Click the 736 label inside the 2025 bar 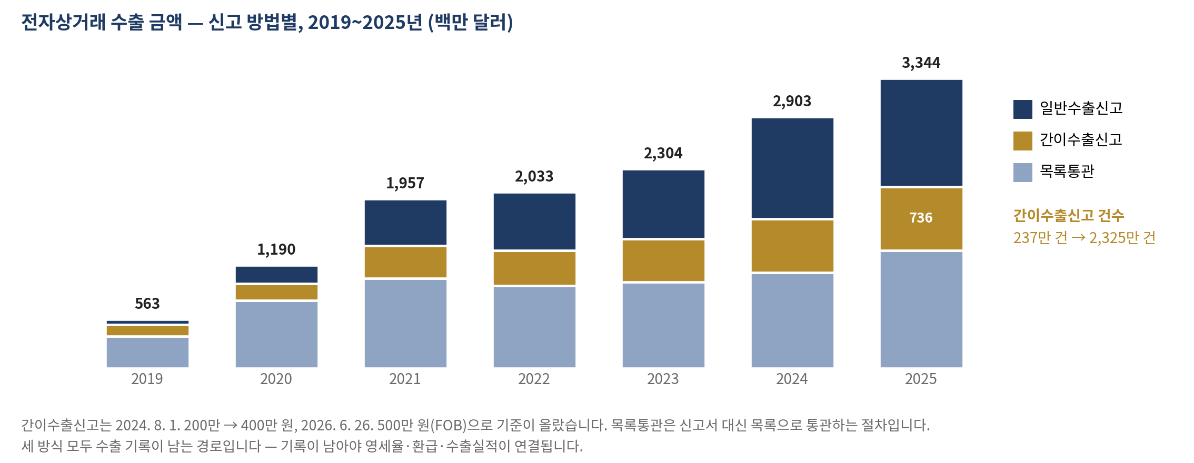tap(921, 218)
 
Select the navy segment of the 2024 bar tap(792, 168)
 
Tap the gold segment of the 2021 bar tap(405, 262)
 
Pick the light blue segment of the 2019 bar tap(147, 353)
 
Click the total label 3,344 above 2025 tap(921, 63)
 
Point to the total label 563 tap(147, 304)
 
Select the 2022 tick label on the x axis tap(534, 379)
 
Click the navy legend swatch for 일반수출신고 tap(1022, 109)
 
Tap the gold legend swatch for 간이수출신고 tap(1022, 141)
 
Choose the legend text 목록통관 tap(1067, 172)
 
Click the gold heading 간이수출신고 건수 tap(1069, 215)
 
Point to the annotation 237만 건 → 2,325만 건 tap(1084, 238)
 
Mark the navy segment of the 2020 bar tap(276, 275)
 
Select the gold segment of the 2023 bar tap(663, 260)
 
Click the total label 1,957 tap(405, 183)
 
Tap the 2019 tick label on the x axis tap(147, 379)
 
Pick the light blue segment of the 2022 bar tap(534, 327)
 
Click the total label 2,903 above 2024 tap(792, 102)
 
